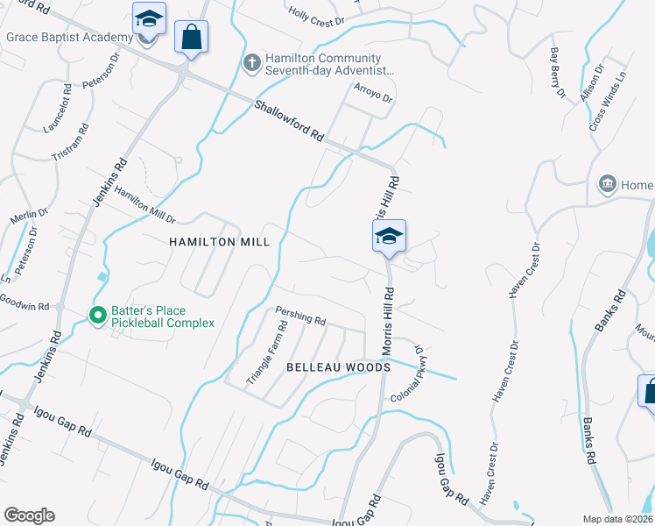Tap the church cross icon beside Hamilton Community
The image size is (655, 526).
pyautogui.click(x=251, y=62)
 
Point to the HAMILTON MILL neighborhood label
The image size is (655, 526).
pyautogui.click(x=207, y=241)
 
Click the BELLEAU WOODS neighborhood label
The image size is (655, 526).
pyautogui.click(x=338, y=367)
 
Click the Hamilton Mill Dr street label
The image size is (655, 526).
pyautogui.click(x=145, y=208)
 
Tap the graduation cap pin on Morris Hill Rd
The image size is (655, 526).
pyautogui.click(x=390, y=237)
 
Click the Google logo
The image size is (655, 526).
pyautogui.click(x=30, y=515)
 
